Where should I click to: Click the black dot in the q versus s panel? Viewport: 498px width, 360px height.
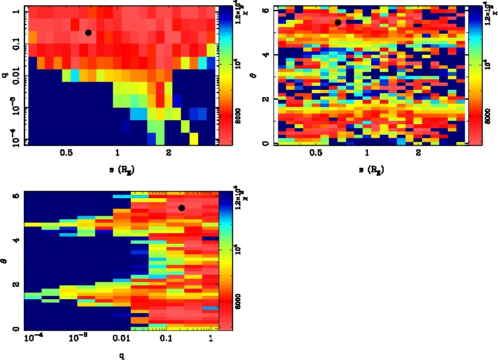pyautogui.click(x=88, y=32)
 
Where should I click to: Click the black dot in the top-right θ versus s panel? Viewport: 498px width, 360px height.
pyautogui.click(x=338, y=22)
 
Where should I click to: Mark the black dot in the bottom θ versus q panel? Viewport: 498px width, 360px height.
pyautogui.click(x=181, y=208)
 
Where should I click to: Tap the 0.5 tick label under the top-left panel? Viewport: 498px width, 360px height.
pyautogui.click(x=66, y=153)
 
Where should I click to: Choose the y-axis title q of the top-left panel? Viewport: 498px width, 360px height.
pyautogui.click(x=4, y=75)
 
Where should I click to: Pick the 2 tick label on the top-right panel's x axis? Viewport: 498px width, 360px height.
pyautogui.click(x=418, y=153)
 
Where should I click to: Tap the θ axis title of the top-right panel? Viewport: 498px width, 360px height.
pyautogui.click(x=255, y=75)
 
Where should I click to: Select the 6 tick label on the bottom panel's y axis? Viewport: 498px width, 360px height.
pyautogui.click(x=15, y=196)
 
